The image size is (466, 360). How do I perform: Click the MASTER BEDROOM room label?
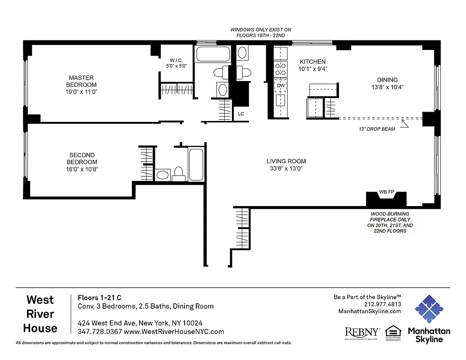pos(81,81)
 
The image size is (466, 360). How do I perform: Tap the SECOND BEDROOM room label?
pos(81,159)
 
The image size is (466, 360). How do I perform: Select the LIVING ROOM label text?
pos(286,161)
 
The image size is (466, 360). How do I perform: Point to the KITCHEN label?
pos(312,62)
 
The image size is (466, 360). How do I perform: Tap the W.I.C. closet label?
pos(176,60)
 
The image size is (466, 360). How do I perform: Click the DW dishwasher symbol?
pos(281,85)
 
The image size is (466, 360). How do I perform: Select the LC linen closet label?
pos(241,114)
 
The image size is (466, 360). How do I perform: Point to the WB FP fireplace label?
pos(387,192)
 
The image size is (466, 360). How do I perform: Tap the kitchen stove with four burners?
pos(281,69)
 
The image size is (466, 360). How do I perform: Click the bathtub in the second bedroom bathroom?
pos(196,164)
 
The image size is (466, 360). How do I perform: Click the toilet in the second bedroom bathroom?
pos(179,173)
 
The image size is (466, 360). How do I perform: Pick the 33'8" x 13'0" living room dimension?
pos(286,169)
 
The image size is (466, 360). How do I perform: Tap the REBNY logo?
pos(362,332)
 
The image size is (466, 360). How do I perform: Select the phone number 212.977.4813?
pos(382,304)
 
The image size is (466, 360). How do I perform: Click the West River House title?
pos(40,314)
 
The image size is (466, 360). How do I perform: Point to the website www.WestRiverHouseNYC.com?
pos(173,332)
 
